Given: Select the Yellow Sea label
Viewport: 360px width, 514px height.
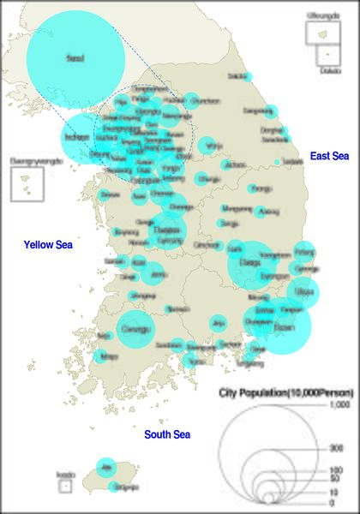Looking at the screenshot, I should click(48, 245).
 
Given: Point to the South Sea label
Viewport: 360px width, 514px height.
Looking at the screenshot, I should click(167, 434).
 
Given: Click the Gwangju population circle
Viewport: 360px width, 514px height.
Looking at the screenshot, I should click(134, 327).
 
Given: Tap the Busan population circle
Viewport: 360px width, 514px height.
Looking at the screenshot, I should click(283, 327).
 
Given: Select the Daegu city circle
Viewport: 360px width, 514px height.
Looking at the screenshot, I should click(250, 264).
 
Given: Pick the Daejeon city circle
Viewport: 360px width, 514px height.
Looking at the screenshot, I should click(167, 230).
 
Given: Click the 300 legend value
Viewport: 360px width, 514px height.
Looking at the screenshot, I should click(337, 448).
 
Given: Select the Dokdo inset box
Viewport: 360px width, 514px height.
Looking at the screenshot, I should click(327, 55).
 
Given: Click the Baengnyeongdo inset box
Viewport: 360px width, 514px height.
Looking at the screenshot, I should click(27, 183).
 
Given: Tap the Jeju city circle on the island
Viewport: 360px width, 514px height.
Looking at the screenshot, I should click(106, 467).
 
